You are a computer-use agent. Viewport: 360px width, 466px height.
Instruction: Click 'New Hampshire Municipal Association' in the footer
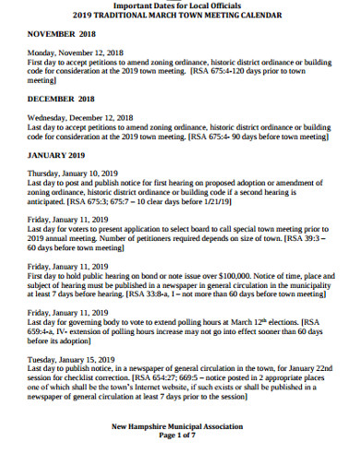pyautogui.click(x=178, y=427)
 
